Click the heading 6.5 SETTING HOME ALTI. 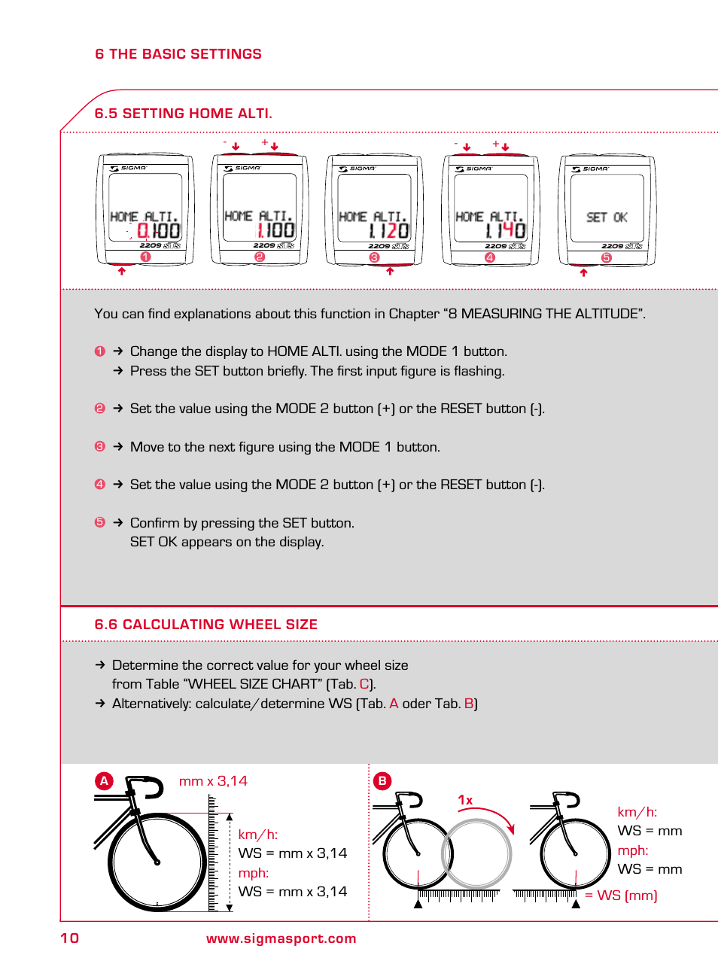(183, 114)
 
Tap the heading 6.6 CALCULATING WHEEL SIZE (205, 625)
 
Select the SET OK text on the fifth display (607, 217)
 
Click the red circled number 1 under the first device (146, 257)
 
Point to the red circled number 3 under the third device (374, 257)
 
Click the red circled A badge (104, 781)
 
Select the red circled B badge (382, 781)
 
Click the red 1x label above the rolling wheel (465, 801)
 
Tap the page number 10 (69, 938)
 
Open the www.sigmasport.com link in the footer (281, 938)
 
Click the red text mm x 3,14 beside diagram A (213, 781)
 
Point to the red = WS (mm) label (622, 896)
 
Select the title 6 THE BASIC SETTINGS (178, 54)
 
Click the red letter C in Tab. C (364, 684)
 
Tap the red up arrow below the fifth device (583, 272)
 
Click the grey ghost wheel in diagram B (476, 853)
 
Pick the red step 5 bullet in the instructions (99, 522)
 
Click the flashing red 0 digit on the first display (142, 231)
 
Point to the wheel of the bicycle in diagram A (157, 862)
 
